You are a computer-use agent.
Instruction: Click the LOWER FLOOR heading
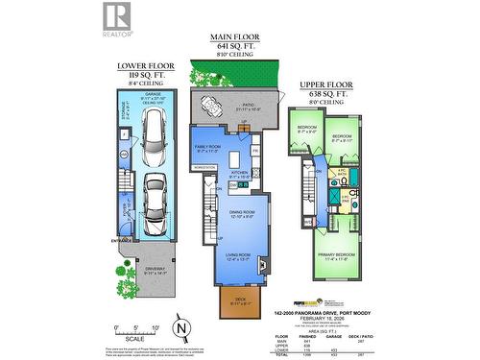tap(143, 66)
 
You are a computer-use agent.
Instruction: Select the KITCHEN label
tap(239, 173)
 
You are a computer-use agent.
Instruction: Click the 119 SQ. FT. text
tap(143, 75)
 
